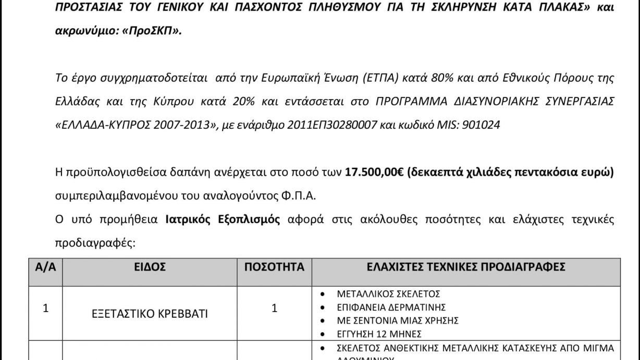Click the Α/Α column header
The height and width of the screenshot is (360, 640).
pyautogui.click(x=45, y=268)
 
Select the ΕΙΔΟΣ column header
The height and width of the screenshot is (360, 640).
pyautogui.click(x=153, y=268)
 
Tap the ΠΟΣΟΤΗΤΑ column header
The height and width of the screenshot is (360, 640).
pyautogui.click(x=275, y=268)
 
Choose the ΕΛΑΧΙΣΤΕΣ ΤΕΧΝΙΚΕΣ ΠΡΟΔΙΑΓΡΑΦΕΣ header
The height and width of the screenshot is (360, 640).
pyautogui.click(x=466, y=268)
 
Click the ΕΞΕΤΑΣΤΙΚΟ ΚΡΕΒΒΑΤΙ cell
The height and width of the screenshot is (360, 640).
pyautogui.click(x=150, y=314)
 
